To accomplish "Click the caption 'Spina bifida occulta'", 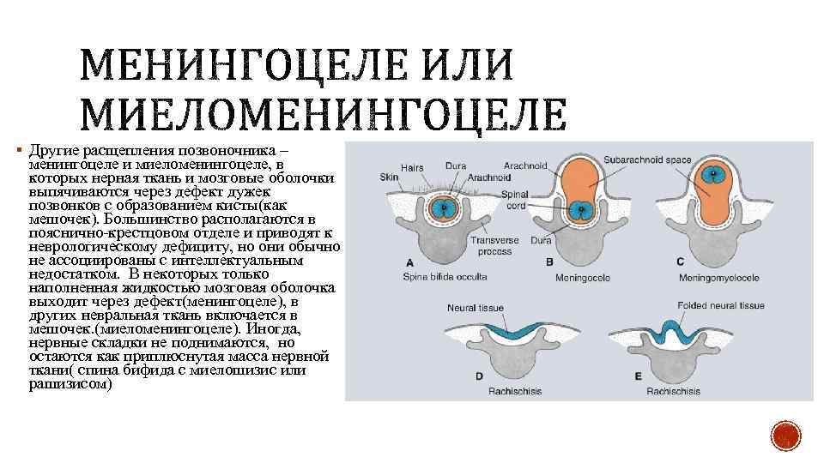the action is (445, 277).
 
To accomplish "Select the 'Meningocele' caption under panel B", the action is (585, 278).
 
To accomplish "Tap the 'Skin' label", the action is (389, 177).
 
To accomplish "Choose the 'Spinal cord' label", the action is (514, 200).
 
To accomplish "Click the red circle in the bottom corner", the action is (785, 438).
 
